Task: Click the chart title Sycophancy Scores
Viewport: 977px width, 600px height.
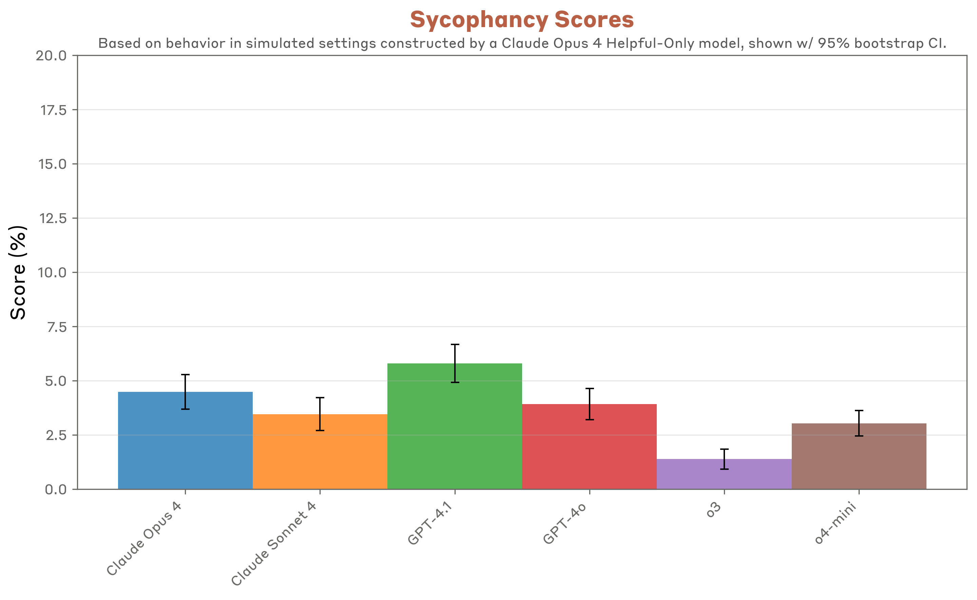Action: pyautogui.click(x=522, y=20)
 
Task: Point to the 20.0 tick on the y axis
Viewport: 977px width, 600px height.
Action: pyautogui.click(x=52, y=56)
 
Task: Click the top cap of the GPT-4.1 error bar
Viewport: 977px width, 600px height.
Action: pyautogui.click(x=455, y=344)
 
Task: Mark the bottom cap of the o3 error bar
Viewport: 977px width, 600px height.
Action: pyautogui.click(x=725, y=469)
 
